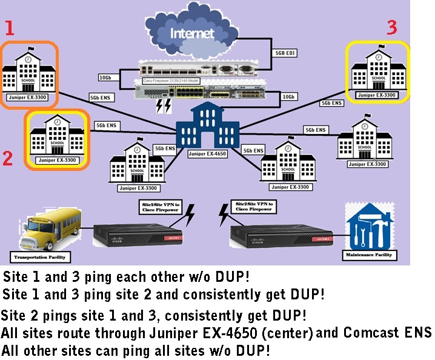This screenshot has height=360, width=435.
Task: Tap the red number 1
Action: click(8, 28)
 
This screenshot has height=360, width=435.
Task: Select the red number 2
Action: click(8, 158)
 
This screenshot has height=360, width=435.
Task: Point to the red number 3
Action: click(392, 27)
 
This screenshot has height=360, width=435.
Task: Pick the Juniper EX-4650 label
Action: click(208, 154)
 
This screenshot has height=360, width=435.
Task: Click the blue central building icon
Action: click(208, 125)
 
